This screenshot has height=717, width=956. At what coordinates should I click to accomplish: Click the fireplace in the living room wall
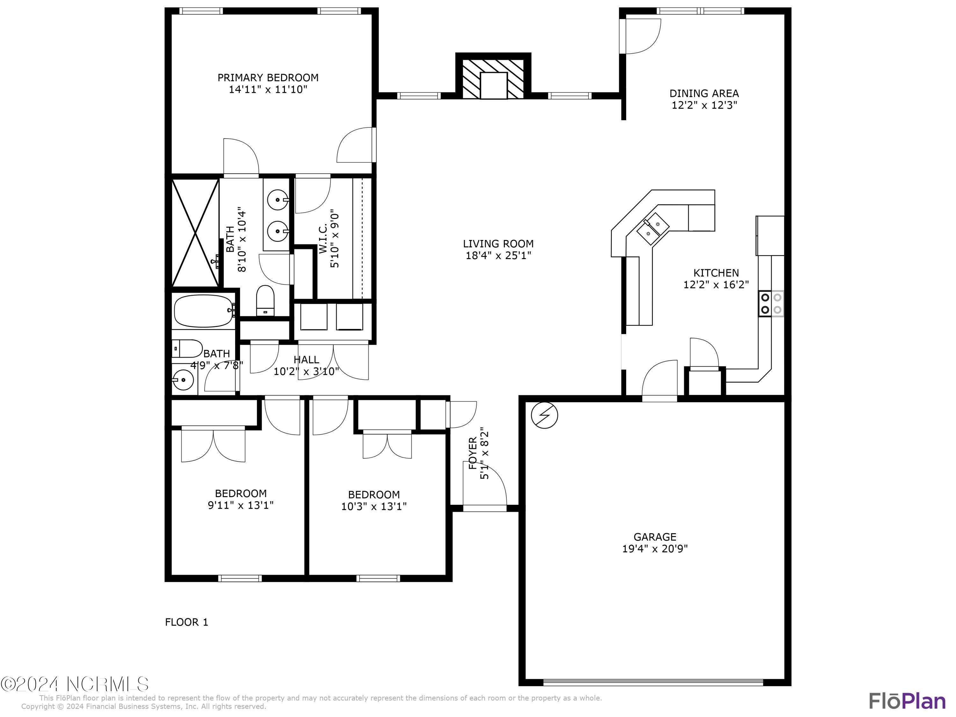(x=493, y=80)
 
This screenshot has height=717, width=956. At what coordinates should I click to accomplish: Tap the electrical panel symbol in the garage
(x=545, y=415)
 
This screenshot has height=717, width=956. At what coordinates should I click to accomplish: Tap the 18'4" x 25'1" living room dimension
(x=498, y=256)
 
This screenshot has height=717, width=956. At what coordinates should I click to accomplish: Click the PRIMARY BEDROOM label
(x=268, y=78)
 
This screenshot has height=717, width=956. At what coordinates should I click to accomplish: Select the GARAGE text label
(x=655, y=537)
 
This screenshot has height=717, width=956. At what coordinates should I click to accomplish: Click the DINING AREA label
(x=704, y=93)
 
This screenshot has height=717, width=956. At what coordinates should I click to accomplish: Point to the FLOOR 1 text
(x=186, y=622)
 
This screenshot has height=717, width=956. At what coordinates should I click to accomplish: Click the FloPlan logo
(x=907, y=701)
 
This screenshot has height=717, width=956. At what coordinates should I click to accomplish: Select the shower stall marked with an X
(x=195, y=233)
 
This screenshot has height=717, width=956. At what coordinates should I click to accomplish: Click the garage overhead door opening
(x=653, y=683)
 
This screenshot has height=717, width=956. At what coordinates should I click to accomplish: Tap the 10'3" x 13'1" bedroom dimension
(x=374, y=506)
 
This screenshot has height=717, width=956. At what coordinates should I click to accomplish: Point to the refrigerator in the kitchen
(x=770, y=235)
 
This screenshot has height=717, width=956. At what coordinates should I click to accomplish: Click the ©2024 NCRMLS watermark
(x=74, y=684)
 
